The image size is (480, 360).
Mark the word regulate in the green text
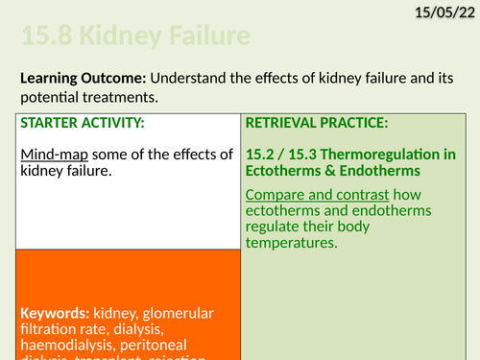[x=275, y=227]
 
